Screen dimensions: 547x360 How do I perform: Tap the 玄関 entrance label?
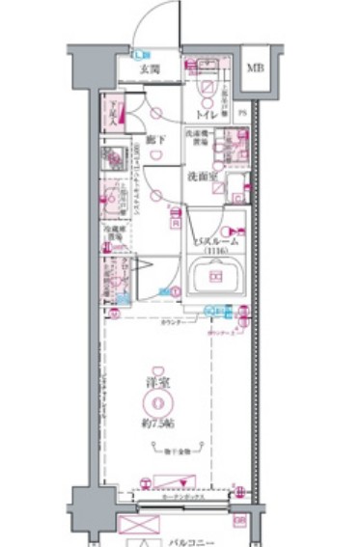coord(148,69)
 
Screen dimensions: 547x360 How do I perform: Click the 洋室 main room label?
coord(149,382)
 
